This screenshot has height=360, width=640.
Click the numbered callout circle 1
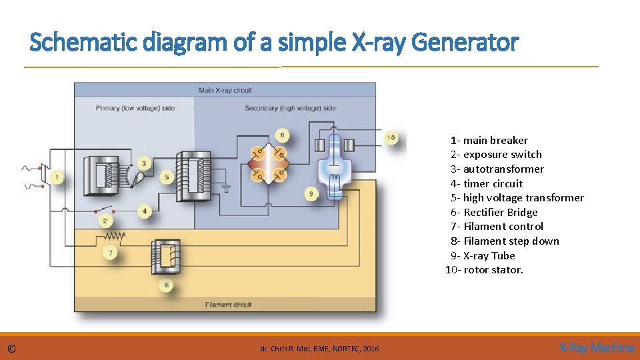[x=58, y=177]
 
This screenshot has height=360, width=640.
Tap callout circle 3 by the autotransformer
[x=144, y=163]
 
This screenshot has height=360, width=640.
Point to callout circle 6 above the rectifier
[x=282, y=135]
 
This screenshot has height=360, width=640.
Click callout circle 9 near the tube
[x=311, y=194]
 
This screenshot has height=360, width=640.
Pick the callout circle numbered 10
[x=391, y=137]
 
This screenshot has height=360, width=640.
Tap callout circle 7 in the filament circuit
[x=111, y=253]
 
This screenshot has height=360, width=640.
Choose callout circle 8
[x=166, y=285]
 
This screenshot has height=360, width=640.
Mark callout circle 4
[x=144, y=211]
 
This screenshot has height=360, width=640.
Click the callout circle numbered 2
[x=105, y=221]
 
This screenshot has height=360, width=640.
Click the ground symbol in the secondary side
[x=226, y=187]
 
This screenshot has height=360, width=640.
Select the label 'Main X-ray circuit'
[x=225, y=90]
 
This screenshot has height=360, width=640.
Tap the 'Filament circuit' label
[x=228, y=305]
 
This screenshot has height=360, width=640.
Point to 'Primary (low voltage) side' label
[x=135, y=108]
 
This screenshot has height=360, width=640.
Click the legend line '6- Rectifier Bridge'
[x=494, y=213]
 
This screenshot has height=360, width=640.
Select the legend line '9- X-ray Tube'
[x=483, y=256]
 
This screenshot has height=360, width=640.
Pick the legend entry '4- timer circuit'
[x=487, y=184]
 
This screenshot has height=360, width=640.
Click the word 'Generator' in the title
[x=465, y=43]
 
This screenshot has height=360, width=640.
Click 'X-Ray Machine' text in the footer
[x=596, y=347]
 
